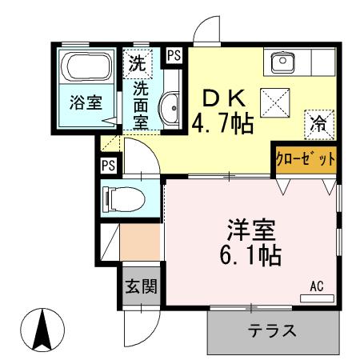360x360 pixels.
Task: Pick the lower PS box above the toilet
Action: coord(108,166)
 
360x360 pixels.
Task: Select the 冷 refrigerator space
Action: coord(318,124)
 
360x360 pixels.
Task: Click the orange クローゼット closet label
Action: coord(306,159)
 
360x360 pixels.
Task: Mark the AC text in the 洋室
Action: coord(317,285)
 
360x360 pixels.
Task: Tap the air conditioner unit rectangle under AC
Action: coord(317,298)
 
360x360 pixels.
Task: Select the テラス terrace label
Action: coord(272,330)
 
